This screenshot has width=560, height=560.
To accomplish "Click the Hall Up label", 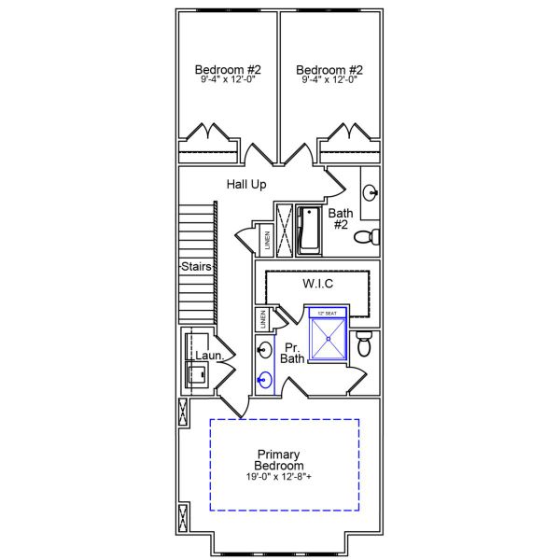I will [x=246, y=185].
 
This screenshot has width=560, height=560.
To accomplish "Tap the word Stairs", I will [x=197, y=267].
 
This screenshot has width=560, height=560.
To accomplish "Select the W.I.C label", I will [x=319, y=283].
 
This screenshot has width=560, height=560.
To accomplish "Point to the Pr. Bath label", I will [x=292, y=353].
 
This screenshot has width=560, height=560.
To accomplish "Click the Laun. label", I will [x=207, y=356].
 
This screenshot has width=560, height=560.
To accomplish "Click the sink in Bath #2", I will [x=371, y=194].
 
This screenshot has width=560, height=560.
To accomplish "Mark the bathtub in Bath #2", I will [x=308, y=231].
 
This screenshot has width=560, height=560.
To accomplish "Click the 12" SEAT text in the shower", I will [x=327, y=314].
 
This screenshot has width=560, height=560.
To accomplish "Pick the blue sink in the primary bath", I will [x=264, y=380].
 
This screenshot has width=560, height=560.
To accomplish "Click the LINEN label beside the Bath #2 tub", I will [x=267, y=240].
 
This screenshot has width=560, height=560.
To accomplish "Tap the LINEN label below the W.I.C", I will [x=263, y=318].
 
